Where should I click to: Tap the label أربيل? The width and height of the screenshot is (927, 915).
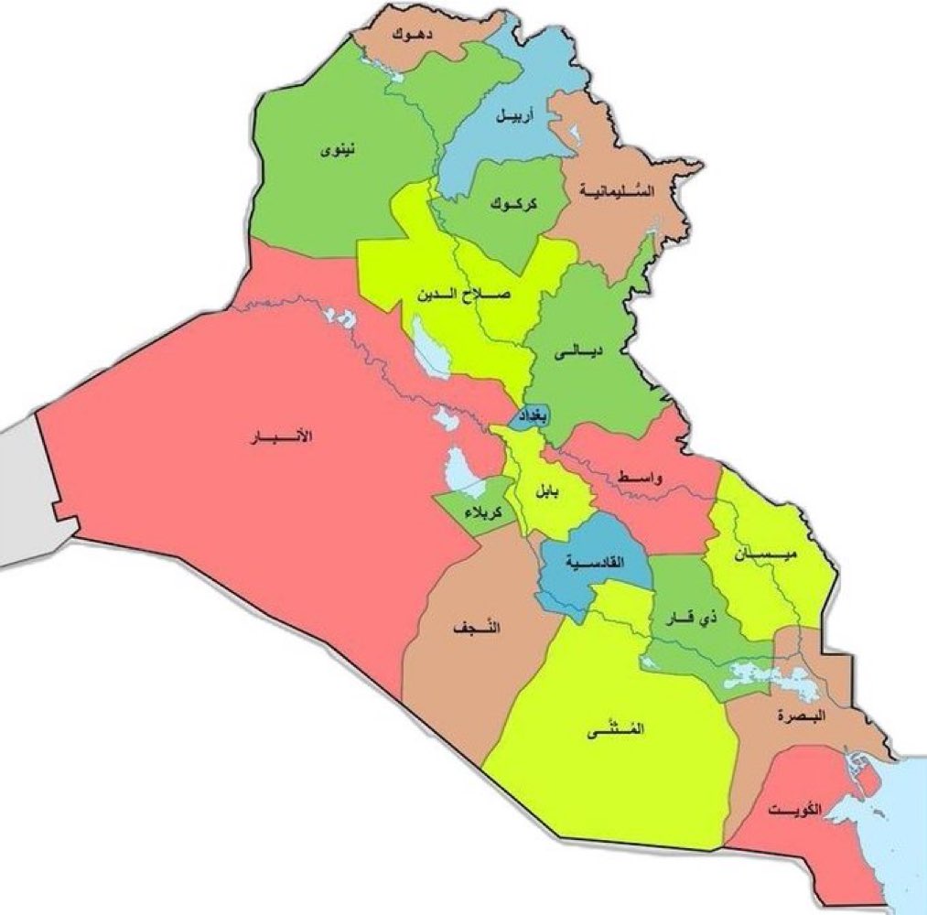[513, 116]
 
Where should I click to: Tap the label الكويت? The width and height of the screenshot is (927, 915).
[794, 810]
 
